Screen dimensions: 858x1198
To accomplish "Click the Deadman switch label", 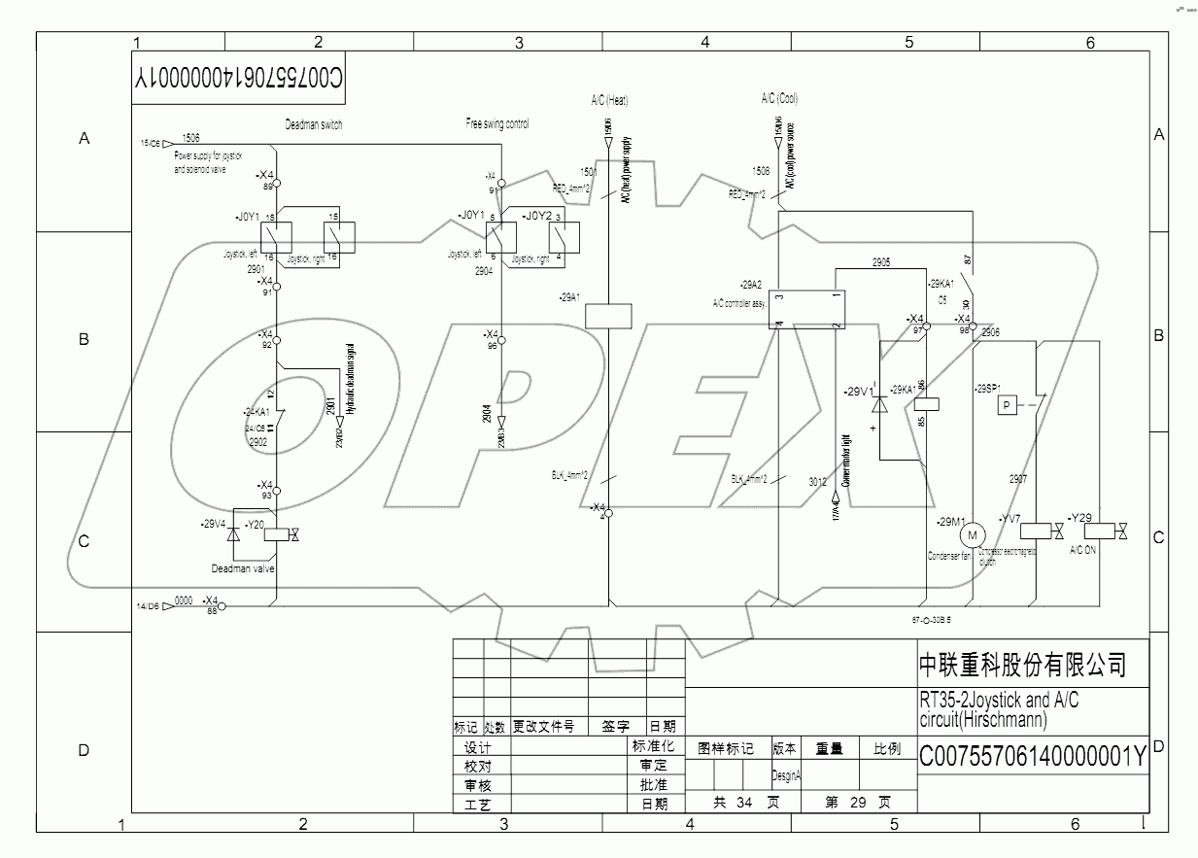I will tap(313, 124).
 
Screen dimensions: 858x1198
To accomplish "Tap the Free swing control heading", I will tap(497, 124).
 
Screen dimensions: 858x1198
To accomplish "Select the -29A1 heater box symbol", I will tap(609, 316).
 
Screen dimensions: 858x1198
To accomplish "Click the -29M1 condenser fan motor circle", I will tap(973, 533).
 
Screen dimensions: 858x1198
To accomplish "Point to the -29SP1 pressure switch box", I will tap(1008, 404).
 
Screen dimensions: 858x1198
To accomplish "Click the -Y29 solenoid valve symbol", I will tap(1099, 532).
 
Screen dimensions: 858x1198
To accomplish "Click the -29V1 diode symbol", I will tap(880, 403).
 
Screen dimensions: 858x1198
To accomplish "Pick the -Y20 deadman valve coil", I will tap(278, 533).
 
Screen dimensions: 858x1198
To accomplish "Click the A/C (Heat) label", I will tap(609, 99).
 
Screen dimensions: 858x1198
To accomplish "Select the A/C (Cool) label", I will tap(780, 98).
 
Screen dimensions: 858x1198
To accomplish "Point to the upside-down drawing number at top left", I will tap(239, 79).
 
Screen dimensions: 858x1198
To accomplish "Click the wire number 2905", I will tap(880, 262).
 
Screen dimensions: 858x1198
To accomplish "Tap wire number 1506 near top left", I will tap(191, 139).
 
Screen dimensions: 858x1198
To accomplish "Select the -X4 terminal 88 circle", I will tap(222, 607).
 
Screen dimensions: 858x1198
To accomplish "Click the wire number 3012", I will tap(817, 480).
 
